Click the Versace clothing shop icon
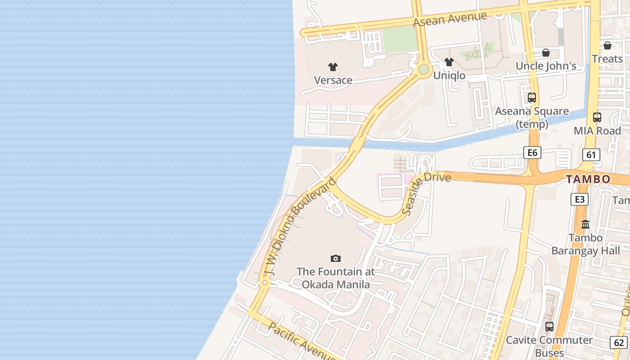click(x=333, y=67)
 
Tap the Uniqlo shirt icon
click(x=449, y=62)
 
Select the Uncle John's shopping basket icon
click(x=546, y=53)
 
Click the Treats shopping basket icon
click(x=607, y=45)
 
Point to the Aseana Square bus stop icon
click(x=532, y=97)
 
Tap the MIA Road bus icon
click(x=597, y=117)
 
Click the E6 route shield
click(x=532, y=153)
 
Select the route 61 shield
click(x=591, y=155)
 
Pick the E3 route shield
click(x=580, y=199)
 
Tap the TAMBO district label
click(x=588, y=179)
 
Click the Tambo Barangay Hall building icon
click(x=585, y=224)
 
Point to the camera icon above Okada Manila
click(x=335, y=258)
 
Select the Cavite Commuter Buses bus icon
click(x=549, y=327)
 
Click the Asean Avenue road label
click(x=450, y=19)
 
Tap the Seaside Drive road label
click(x=425, y=191)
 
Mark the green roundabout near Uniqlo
click(x=423, y=69)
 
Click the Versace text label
click(x=333, y=80)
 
